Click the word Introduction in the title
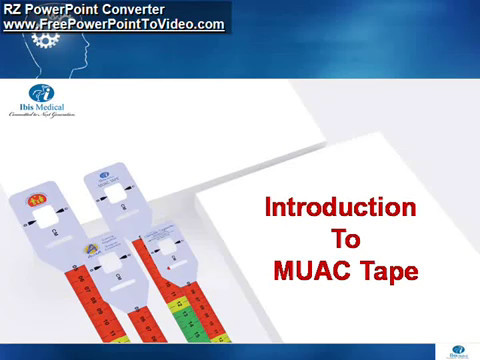pyautogui.click(x=340, y=208)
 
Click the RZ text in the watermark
pyautogui.click(x=15, y=9)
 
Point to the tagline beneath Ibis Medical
pyautogui.click(x=39, y=121)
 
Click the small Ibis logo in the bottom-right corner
pyautogui.click(x=457, y=351)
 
